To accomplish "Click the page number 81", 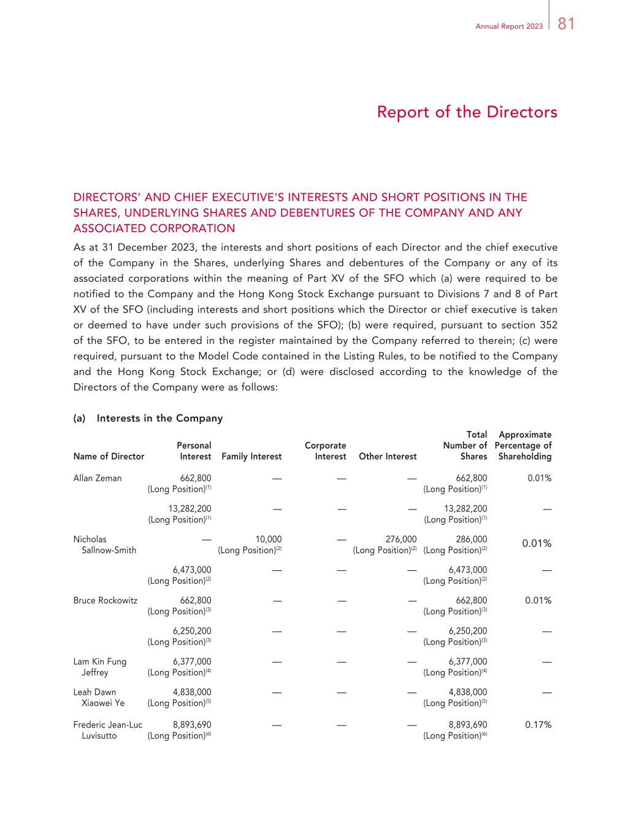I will pos(566,24).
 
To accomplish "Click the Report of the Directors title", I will pos(467,112).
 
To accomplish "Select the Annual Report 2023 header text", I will pos(509,27).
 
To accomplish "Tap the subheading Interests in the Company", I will pos(159,418).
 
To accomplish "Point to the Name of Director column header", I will pos(109,456).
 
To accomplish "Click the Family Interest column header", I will pos(251,456).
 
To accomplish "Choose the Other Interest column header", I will pos(388,456).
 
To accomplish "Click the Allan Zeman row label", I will pos(98,478).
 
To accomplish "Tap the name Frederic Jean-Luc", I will pos(108,724).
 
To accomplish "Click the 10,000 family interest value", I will pos(269,540).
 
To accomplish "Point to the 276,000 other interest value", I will pos(401,540).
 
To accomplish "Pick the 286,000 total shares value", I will pos(472,540).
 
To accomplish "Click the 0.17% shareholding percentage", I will pos(538,724).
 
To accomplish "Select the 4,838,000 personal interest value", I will pos(192,692).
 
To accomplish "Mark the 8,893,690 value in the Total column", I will pos(468,724).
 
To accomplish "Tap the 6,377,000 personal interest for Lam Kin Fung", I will pos(192,661).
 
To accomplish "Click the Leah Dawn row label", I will pos(94,692).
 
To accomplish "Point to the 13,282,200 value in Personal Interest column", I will pos(190,508).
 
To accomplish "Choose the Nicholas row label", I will pos(90,540).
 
